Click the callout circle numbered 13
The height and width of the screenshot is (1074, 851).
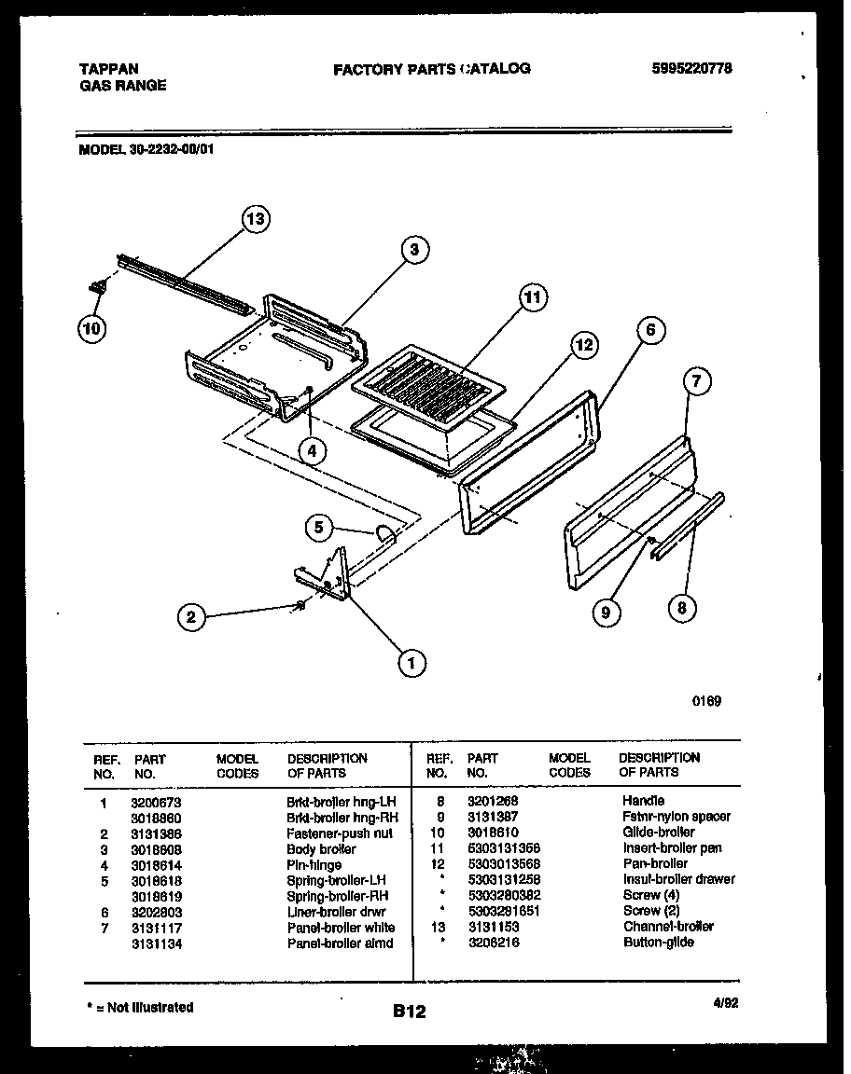[x=254, y=220]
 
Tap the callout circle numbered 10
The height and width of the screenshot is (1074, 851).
[x=92, y=328]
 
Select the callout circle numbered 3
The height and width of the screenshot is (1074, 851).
[x=414, y=249]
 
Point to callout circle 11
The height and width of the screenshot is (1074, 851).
[x=532, y=298]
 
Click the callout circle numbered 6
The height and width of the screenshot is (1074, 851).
[x=650, y=330]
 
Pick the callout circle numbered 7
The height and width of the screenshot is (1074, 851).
[x=696, y=380]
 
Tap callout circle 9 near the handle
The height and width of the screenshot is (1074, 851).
[x=607, y=612]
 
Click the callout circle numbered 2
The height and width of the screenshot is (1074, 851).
[x=191, y=616]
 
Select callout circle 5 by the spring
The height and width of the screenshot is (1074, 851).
[x=319, y=528]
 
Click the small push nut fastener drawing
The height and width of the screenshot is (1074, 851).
[x=300, y=608]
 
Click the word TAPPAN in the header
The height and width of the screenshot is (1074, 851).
[x=108, y=69]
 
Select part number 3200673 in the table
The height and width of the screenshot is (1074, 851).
[x=154, y=802]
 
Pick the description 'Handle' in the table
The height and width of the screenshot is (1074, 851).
[x=643, y=801]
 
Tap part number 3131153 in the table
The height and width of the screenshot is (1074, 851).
[x=493, y=927]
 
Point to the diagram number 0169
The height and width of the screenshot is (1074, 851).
[x=706, y=702]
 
